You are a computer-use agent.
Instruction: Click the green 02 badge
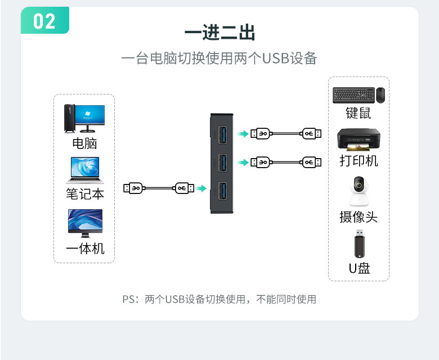tap(44, 21)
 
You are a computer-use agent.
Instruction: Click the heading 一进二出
tap(219, 33)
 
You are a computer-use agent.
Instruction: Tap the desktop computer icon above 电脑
tap(84, 119)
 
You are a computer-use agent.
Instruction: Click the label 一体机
tap(85, 248)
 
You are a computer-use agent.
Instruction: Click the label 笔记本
tap(85, 194)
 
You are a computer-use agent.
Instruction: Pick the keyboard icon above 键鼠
tap(352, 95)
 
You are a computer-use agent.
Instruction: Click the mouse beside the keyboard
tap(380, 95)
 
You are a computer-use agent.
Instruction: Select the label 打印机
tap(359, 161)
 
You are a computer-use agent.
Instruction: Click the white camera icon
tap(359, 192)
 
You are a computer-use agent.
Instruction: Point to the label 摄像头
tap(359, 217)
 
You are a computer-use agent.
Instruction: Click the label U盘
tap(359, 268)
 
